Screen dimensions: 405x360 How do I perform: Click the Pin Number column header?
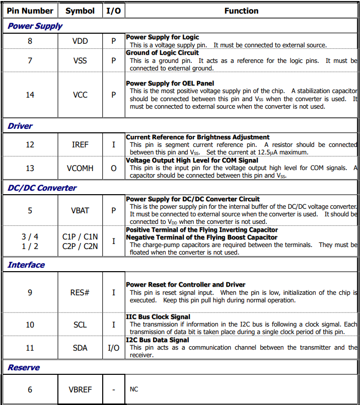(x=30, y=11)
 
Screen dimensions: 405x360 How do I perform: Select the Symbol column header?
(x=80, y=11)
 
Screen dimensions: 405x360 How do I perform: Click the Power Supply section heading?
(x=35, y=26)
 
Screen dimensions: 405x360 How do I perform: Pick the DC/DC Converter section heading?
(x=42, y=188)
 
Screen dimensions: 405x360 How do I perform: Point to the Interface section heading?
(x=26, y=265)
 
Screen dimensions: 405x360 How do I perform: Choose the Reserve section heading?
(x=24, y=367)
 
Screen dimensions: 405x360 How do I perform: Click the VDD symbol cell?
(x=80, y=41)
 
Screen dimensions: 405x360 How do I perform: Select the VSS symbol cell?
(x=80, y=60)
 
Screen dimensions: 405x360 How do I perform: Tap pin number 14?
(x=30, y=94)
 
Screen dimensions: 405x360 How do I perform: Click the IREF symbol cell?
(x=80, y=144)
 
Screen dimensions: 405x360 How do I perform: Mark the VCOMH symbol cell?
(x=80, y=168)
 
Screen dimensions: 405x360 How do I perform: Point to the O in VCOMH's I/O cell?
(x=113, y=168)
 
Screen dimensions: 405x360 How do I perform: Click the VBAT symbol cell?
(x=80, y=210)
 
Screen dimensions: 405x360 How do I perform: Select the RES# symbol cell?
(x=80, y=292)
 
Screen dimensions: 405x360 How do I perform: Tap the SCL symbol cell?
(x=80, y=325)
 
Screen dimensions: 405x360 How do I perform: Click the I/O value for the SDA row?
(x=113, y=348)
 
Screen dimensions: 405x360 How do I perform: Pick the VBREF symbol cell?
(x=80, y=389)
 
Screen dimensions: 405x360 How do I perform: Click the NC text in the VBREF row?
(x=134, y=389)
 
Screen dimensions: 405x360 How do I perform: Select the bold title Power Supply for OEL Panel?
(x=170, y=83)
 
